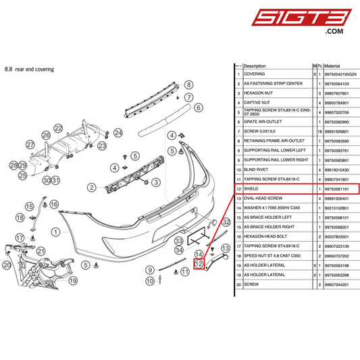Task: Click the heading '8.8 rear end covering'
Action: coord(29,69)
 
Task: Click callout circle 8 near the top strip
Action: coord(190,85)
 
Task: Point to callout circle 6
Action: coord(199,107)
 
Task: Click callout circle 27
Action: coord(30,145)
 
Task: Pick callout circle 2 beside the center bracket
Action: coord(91,187)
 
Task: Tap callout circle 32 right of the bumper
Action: coord(226,222)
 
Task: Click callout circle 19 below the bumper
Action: coord(72,280)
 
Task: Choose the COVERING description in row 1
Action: coord(255,74)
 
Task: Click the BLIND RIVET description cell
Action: coord(259,169)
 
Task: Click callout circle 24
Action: coord(118,132)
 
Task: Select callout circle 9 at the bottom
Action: coord(150,270)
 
